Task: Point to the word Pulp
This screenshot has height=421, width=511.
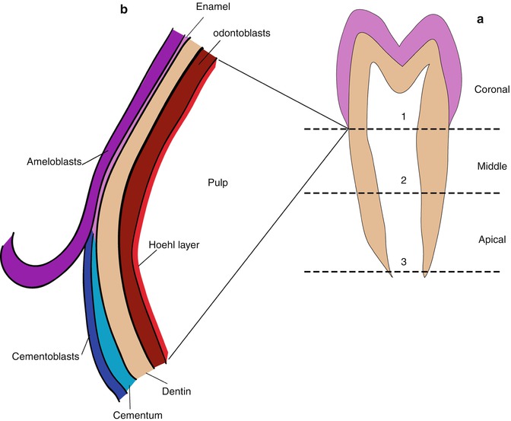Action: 217,183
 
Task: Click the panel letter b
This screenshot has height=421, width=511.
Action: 123,11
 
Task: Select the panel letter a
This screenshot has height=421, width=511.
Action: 481,19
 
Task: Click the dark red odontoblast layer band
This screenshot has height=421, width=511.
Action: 137,228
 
